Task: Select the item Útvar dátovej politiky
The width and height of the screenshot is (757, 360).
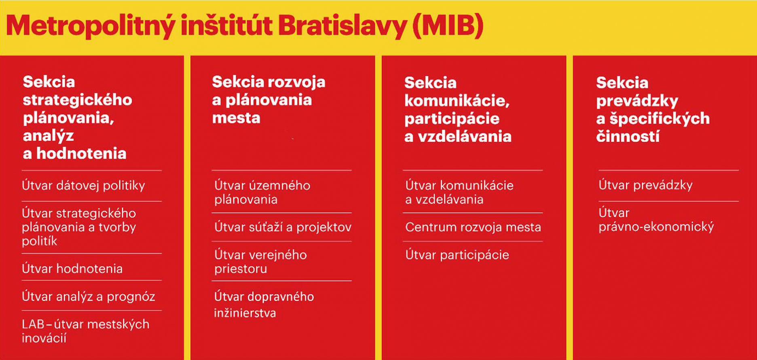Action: [83, 185]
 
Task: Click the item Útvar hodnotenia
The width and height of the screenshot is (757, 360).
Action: [72, 269]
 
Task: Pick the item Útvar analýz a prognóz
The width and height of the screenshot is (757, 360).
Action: [89, 296]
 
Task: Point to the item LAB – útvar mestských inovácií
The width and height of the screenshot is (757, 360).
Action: [86, 331]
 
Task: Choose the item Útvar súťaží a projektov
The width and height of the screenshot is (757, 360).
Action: [283, 227]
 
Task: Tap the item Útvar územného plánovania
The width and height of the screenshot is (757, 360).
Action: [262, 192]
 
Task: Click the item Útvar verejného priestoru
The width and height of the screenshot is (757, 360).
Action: [260, 262]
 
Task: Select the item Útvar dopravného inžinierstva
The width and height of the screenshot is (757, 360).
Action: [264, 305]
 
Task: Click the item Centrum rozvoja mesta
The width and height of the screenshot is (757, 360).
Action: [473, 227]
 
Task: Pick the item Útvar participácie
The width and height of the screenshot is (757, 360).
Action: [457, 255]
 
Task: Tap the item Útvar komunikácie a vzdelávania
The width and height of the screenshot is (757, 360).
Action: [459, 192]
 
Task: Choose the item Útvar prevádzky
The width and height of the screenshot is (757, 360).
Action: [645, 185]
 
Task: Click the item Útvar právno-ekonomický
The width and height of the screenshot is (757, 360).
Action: [656, 220]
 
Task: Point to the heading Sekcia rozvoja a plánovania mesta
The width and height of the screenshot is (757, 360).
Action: [269, 100]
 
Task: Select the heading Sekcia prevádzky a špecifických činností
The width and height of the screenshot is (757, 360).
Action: [653, 109]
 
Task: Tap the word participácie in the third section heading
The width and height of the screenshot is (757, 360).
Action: [452, 119]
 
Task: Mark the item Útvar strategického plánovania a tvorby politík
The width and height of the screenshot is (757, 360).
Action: [79, 227]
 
